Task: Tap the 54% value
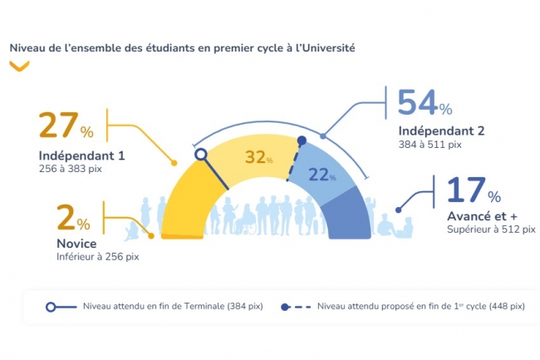point(425,103)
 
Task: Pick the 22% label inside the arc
point(322,174)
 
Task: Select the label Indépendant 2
point(441,131)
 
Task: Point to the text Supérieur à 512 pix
point(491,229)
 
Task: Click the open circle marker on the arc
point(200,154)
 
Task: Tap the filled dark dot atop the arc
point(302,141)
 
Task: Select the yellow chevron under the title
point(19,67)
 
